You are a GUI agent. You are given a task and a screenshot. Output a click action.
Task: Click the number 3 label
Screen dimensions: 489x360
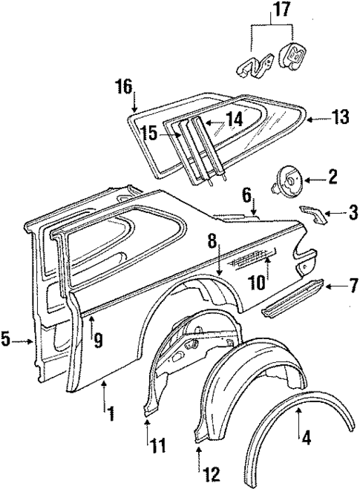[x=346, y=214]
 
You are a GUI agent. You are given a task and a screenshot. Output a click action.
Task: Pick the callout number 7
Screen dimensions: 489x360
[x=347, y=285]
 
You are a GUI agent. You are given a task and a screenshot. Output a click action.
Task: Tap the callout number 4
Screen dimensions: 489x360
[x=305, y=437]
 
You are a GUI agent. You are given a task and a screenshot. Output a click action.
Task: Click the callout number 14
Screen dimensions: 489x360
[x=234, y=117]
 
